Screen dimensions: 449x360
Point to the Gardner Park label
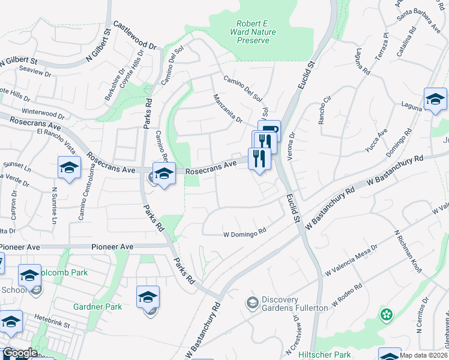pyautogui.click(x=97, y=307)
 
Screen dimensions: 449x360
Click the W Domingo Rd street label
pyautogui.click(x=244, y=235)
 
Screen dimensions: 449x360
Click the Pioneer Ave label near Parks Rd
pyautogui.click(x=112, y=247)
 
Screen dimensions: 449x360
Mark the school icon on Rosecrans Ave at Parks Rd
pyautogui.click(x=163, y=173)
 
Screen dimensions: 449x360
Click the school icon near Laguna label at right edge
pyautogui.click(x=435, y=100)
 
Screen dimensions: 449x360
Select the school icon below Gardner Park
pyautogui.click(x=148, y=297)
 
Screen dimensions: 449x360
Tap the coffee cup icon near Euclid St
pyautogui.click(x=269, y=130)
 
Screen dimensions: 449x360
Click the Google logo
pyautogui.click(x=19, y=353)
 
